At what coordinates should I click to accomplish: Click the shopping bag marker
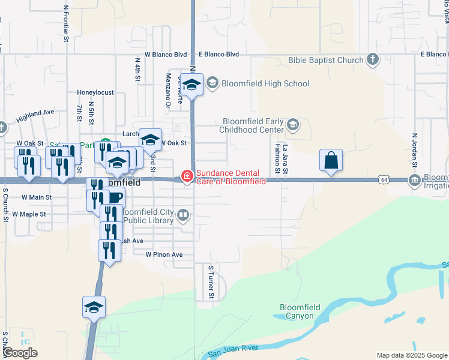(331, 160)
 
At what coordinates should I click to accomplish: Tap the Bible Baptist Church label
(325, 60)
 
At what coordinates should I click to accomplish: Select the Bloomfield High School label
(265, 84)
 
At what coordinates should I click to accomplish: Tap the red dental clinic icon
(187, 176)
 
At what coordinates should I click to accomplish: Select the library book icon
(184, 214)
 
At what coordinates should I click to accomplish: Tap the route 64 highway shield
(384, 179)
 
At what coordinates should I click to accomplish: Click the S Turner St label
(211, 283)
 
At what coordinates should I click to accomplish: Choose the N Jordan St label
(414, 149)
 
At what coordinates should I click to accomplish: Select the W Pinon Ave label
(164, 254)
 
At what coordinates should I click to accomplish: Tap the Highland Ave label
(35, 113)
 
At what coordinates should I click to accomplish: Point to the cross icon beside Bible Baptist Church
(373, 59)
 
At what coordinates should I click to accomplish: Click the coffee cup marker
(116, 197)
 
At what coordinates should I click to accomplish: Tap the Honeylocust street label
(95, 93)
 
